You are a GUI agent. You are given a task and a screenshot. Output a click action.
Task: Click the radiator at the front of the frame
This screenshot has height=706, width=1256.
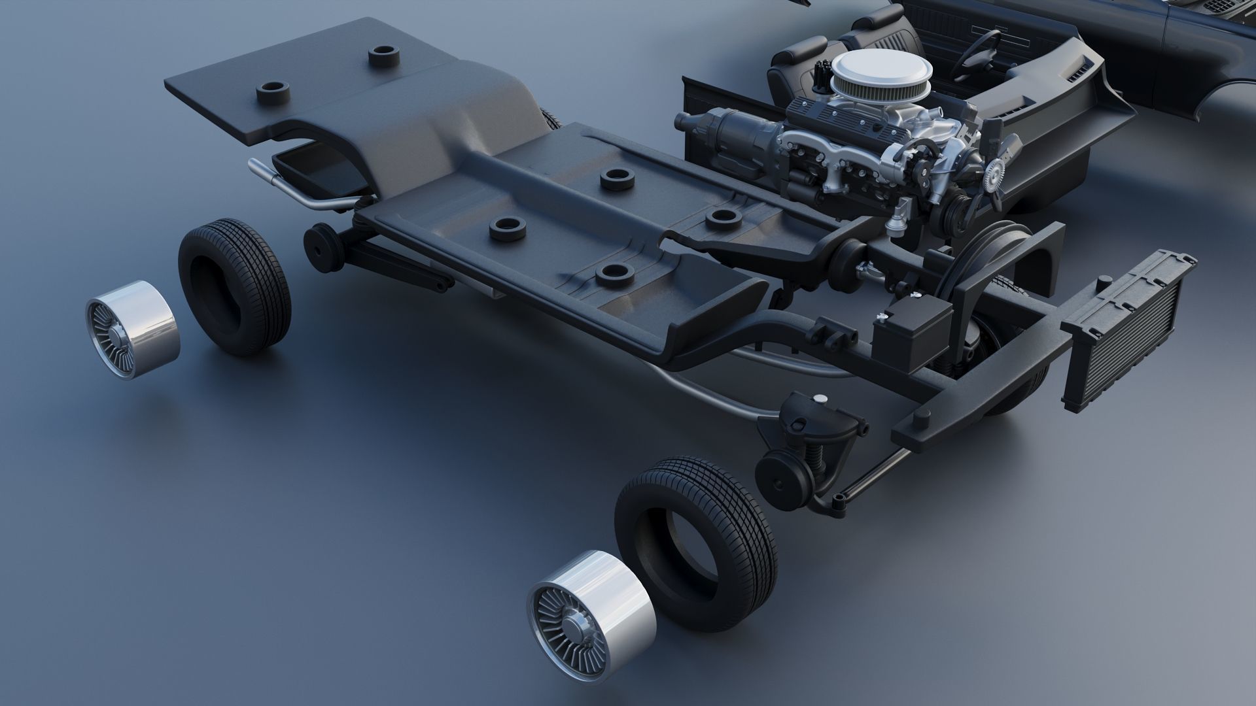(1128, 330)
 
